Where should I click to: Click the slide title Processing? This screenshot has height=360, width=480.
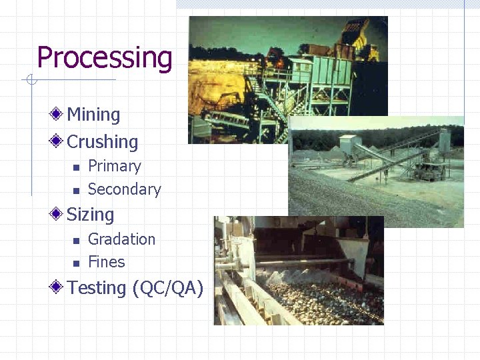point(105,58)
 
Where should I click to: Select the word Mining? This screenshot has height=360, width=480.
point(93,115)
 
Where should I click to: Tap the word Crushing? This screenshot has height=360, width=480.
point(102,142)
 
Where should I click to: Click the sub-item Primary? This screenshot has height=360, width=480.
point(114,166)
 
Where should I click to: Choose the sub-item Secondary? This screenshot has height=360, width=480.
point(124,189)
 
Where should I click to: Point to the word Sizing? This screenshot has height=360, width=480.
point(90,215)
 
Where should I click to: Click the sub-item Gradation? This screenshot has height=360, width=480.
point(121,239)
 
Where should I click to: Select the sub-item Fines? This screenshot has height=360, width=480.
point(106,262)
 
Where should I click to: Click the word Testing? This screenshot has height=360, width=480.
point(97,288)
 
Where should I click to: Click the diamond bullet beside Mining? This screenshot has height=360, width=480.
point(58,114)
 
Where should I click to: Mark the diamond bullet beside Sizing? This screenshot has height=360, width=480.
point(58,214)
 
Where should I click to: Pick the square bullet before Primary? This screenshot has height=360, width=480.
point(75,167)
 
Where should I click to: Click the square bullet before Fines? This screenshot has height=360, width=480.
point(75,263)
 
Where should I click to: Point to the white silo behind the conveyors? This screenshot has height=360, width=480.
point(444,141)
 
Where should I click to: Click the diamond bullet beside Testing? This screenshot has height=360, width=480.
point(58,287)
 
